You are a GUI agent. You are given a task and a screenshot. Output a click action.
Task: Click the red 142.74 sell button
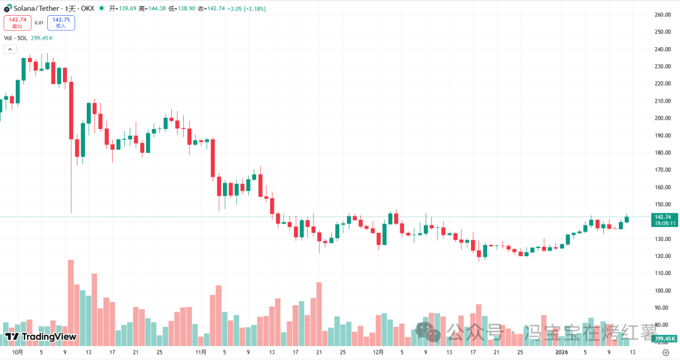pos(17,23)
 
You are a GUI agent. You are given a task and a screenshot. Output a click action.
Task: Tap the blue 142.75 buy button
pos(61,23)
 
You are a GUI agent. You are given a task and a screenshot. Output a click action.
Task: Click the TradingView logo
pos(40,337)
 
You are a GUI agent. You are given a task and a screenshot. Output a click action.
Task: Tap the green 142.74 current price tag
pos(665,217)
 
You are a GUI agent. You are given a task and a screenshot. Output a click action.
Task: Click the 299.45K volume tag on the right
pos(666,339)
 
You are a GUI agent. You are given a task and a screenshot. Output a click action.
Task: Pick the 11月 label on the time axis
pos(201,352)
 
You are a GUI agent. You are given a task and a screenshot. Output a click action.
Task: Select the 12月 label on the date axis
pos(378,352)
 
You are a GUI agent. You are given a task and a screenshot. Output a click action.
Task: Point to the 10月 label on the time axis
pos(18,352)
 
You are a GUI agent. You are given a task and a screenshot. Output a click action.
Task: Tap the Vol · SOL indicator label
pos(16,38)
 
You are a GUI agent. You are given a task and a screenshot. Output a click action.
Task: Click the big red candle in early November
pos(213,157)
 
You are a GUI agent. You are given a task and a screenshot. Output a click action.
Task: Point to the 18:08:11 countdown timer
pos(665,223)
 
